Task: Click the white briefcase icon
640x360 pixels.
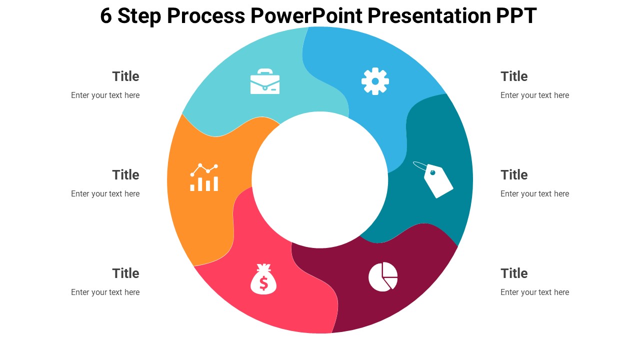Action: pyautogui.click(x=265, y=81)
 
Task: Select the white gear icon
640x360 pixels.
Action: pyautogui.click(x=375, y=81)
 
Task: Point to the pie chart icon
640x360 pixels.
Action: pyautogui.click(x=383, y=276)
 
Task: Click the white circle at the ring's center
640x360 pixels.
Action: pyautogui.click(x=320, y=179)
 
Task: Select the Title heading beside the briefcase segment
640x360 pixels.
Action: pyautogui.click(x=125, y=76)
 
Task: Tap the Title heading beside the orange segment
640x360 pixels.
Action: pyautogui.click(x=125, y=175)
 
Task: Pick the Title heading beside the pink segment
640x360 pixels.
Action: pyautogui.click(x=125, y=273)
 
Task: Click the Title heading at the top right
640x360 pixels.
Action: pyautogui.click(x=514, y=76)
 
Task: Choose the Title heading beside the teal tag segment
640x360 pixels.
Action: pyautogui.click(x=514, y=175)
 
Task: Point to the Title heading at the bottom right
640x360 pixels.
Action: pyautogui.click(x=514, y=273)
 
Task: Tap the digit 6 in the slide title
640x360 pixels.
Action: pyautogui.click(x=105, y=15)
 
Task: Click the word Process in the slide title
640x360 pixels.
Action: pyautogui.click(x=205, y=15)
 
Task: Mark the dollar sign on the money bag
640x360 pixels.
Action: pyautogui.click(x=263, y=283)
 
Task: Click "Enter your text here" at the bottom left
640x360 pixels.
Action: pyautogui.click(x=105, y=292)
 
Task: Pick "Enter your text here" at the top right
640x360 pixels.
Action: pyautogui.click(x=534, y=95)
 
